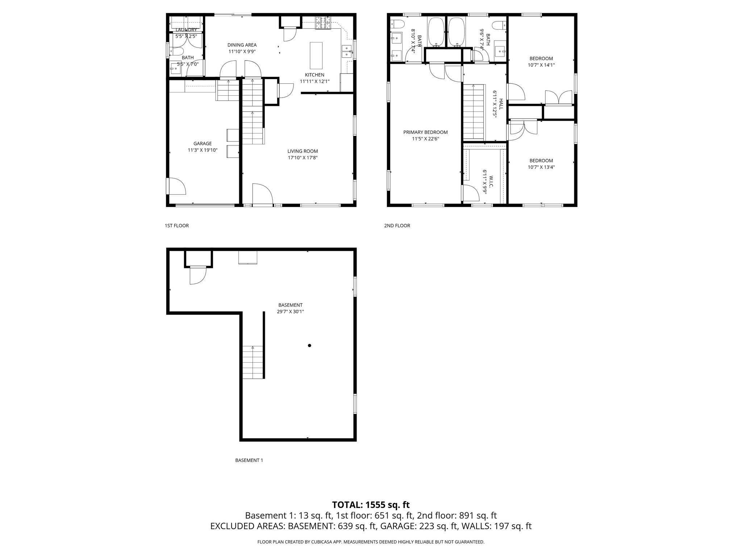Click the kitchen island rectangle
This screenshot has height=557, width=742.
(x=316, y=55)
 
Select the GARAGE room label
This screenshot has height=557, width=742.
(x=202, y=144)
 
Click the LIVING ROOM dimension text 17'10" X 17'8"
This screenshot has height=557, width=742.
(x=303, y=158)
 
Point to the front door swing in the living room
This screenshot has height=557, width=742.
(x=262, y=195)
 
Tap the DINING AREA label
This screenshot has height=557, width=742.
(x=242, y=45)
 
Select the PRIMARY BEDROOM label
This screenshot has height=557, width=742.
(x=425, y=132)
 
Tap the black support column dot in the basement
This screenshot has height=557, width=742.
(x=309, y=346)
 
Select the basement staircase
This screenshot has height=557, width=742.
(x=253, y=362)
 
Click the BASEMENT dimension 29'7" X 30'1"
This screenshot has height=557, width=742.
(x=290, y=311)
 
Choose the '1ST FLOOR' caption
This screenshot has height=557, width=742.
(x=177, y=226)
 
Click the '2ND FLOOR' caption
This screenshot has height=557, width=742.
(x=397, y=226)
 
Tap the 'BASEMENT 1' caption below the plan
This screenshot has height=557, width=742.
(x=249, y=461)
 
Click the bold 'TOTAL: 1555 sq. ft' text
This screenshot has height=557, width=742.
(x=371, y=505)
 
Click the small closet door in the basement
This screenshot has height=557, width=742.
(x=197, y=276)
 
